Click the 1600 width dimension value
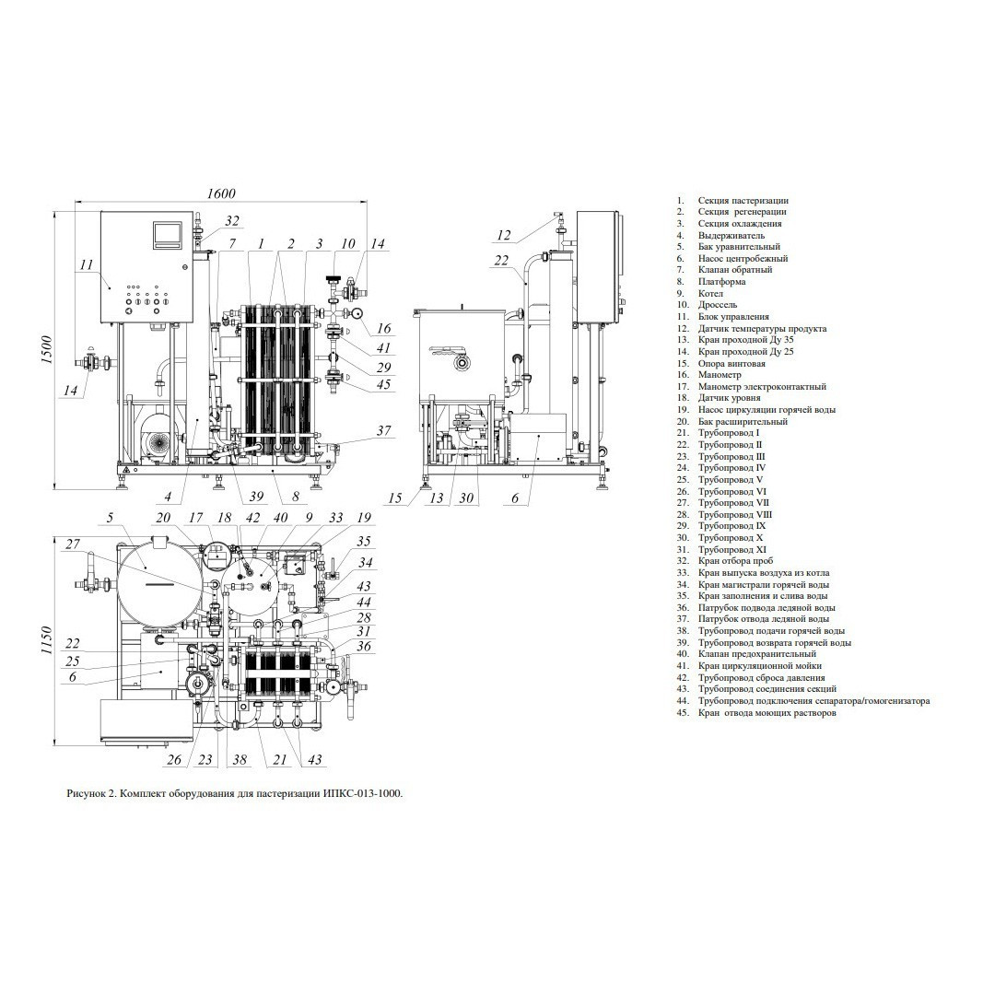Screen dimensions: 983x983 tap(221, 193)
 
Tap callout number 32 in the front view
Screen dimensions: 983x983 tap(232, 221)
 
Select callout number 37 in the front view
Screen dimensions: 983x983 tap(383, 430)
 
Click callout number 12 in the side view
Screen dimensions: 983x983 tap(503, 236)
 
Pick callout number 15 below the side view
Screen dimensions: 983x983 tap(394, 498)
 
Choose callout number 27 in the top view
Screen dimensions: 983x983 tap(74, 544)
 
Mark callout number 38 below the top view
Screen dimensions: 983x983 tap(240, 760)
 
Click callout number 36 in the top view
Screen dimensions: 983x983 tap(364, 647)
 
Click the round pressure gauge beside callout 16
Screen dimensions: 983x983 tap(357, 313)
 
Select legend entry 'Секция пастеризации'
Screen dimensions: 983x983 tap(743, 201)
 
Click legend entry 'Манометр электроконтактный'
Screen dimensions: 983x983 tap(762, 387)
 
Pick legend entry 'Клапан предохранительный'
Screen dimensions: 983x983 tap(756, 654)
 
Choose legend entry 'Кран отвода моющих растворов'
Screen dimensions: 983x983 tap(767, 713)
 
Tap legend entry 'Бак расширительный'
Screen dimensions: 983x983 tap(743, 421)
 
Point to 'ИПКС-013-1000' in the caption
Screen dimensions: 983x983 tap(362, 793)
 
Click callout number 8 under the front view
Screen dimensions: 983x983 tap(295, 497)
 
